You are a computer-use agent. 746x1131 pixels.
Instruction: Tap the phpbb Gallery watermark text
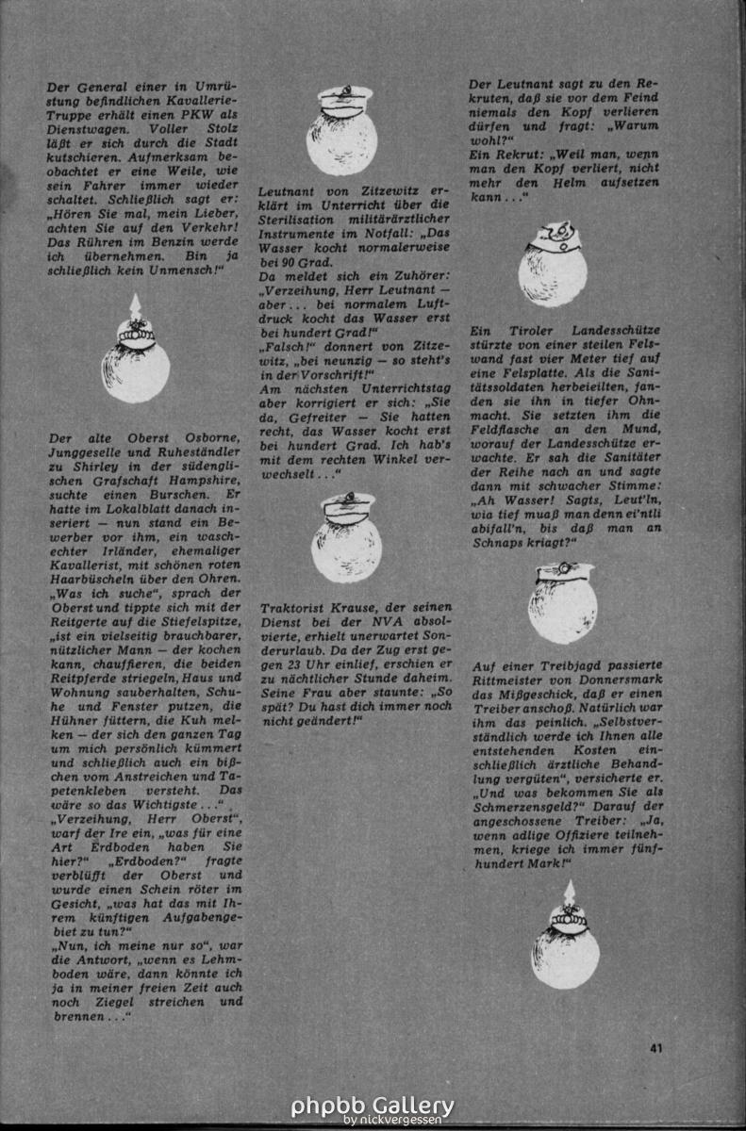point(372,1105)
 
